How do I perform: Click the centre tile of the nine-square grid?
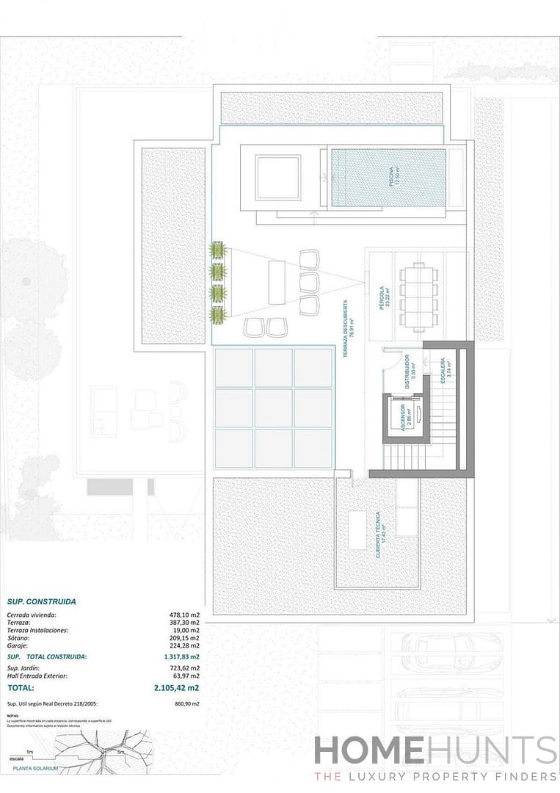(x=274, y=408)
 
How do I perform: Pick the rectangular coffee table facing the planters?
(x=277, y=281)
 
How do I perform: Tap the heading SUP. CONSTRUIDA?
(x=41, y=601)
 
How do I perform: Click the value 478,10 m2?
(x=184, y=615)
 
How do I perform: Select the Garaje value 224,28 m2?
(x=184, y=646)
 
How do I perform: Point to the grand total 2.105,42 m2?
(x=176, y=689)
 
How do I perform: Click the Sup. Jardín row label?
(x=23, y=668)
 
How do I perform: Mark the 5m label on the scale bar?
(x=120, y=753)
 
